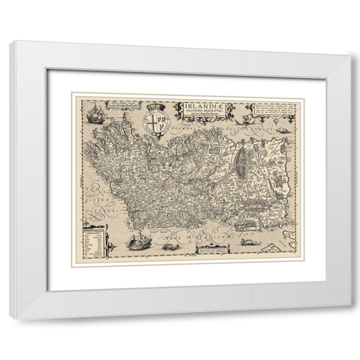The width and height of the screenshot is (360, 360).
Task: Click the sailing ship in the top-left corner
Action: tap(95, 115)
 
